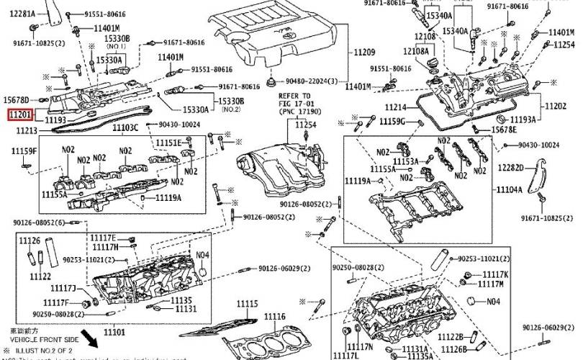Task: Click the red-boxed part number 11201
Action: [19, 114]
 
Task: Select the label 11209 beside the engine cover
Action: [364, 53]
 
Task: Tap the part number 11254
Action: [305, 125]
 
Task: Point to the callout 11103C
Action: [125, 127]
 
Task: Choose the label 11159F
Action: [23, 150]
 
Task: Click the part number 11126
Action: [30, 240]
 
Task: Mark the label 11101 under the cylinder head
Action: [114, 332]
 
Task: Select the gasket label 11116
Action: [274, 317]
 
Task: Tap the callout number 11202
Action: [555, 107]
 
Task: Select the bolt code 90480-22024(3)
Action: [315, 81]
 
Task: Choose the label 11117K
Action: [495, 274]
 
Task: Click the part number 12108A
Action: [416, 51]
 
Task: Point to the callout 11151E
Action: [170, 143]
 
